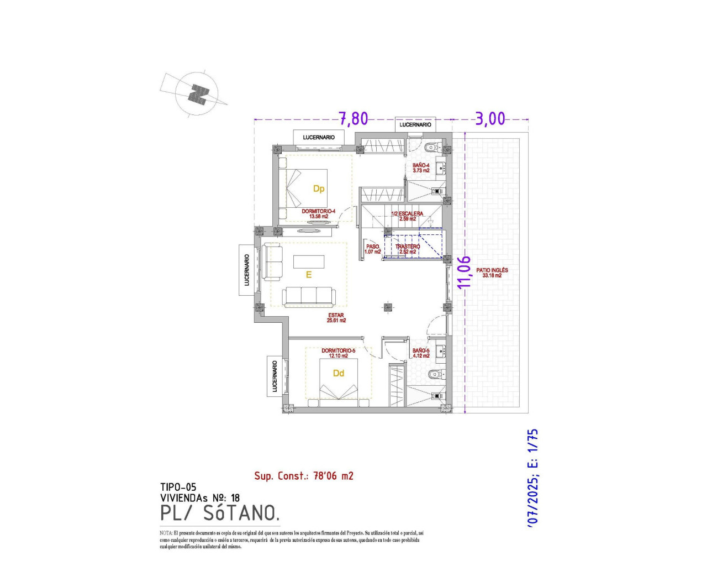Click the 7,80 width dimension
coord(353,119)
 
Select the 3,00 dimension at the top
coord(490,119)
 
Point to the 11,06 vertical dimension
coord(465,271)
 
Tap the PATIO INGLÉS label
coord(492,272)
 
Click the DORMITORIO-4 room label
coord(318,213)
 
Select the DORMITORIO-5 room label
coord(338,353)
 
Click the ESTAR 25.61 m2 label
coord(336,318)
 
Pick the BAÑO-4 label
coord(421,167)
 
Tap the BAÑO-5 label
coord(421,353)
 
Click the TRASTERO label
coord(408,249)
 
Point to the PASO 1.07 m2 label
coord(373,249)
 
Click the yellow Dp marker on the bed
coord(319,188)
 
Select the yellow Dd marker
coord(339,374)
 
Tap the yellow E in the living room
coord(309,275)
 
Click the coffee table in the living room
coord(309,261)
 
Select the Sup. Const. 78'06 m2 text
coord(303,476)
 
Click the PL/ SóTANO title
coord(219,513)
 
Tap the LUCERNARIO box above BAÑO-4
coord(415,125)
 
